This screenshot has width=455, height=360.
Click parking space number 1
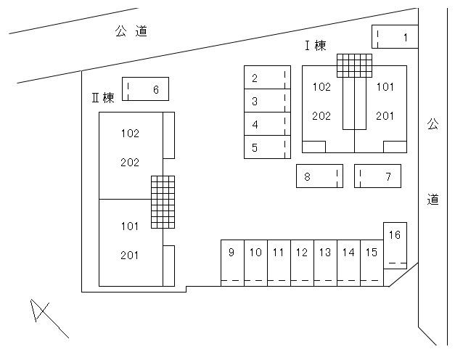click(395, 37)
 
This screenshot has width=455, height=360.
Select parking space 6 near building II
click(146, 89)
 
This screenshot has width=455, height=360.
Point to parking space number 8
click(319, 176)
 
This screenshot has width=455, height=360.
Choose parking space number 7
click(377, 176)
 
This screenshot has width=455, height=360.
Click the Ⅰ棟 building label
click(315, 46)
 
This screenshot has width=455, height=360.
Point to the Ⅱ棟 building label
click(103, 98)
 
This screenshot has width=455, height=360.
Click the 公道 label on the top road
click(131, 31)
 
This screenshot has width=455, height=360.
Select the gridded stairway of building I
click(354, 65)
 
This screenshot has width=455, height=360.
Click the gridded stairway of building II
click(163, 201)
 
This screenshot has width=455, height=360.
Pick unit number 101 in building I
click(385, 87)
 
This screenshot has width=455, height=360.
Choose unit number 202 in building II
click(130, 163)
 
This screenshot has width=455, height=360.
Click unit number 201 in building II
click(130, 255)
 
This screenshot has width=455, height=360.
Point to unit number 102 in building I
click(321, 87)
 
